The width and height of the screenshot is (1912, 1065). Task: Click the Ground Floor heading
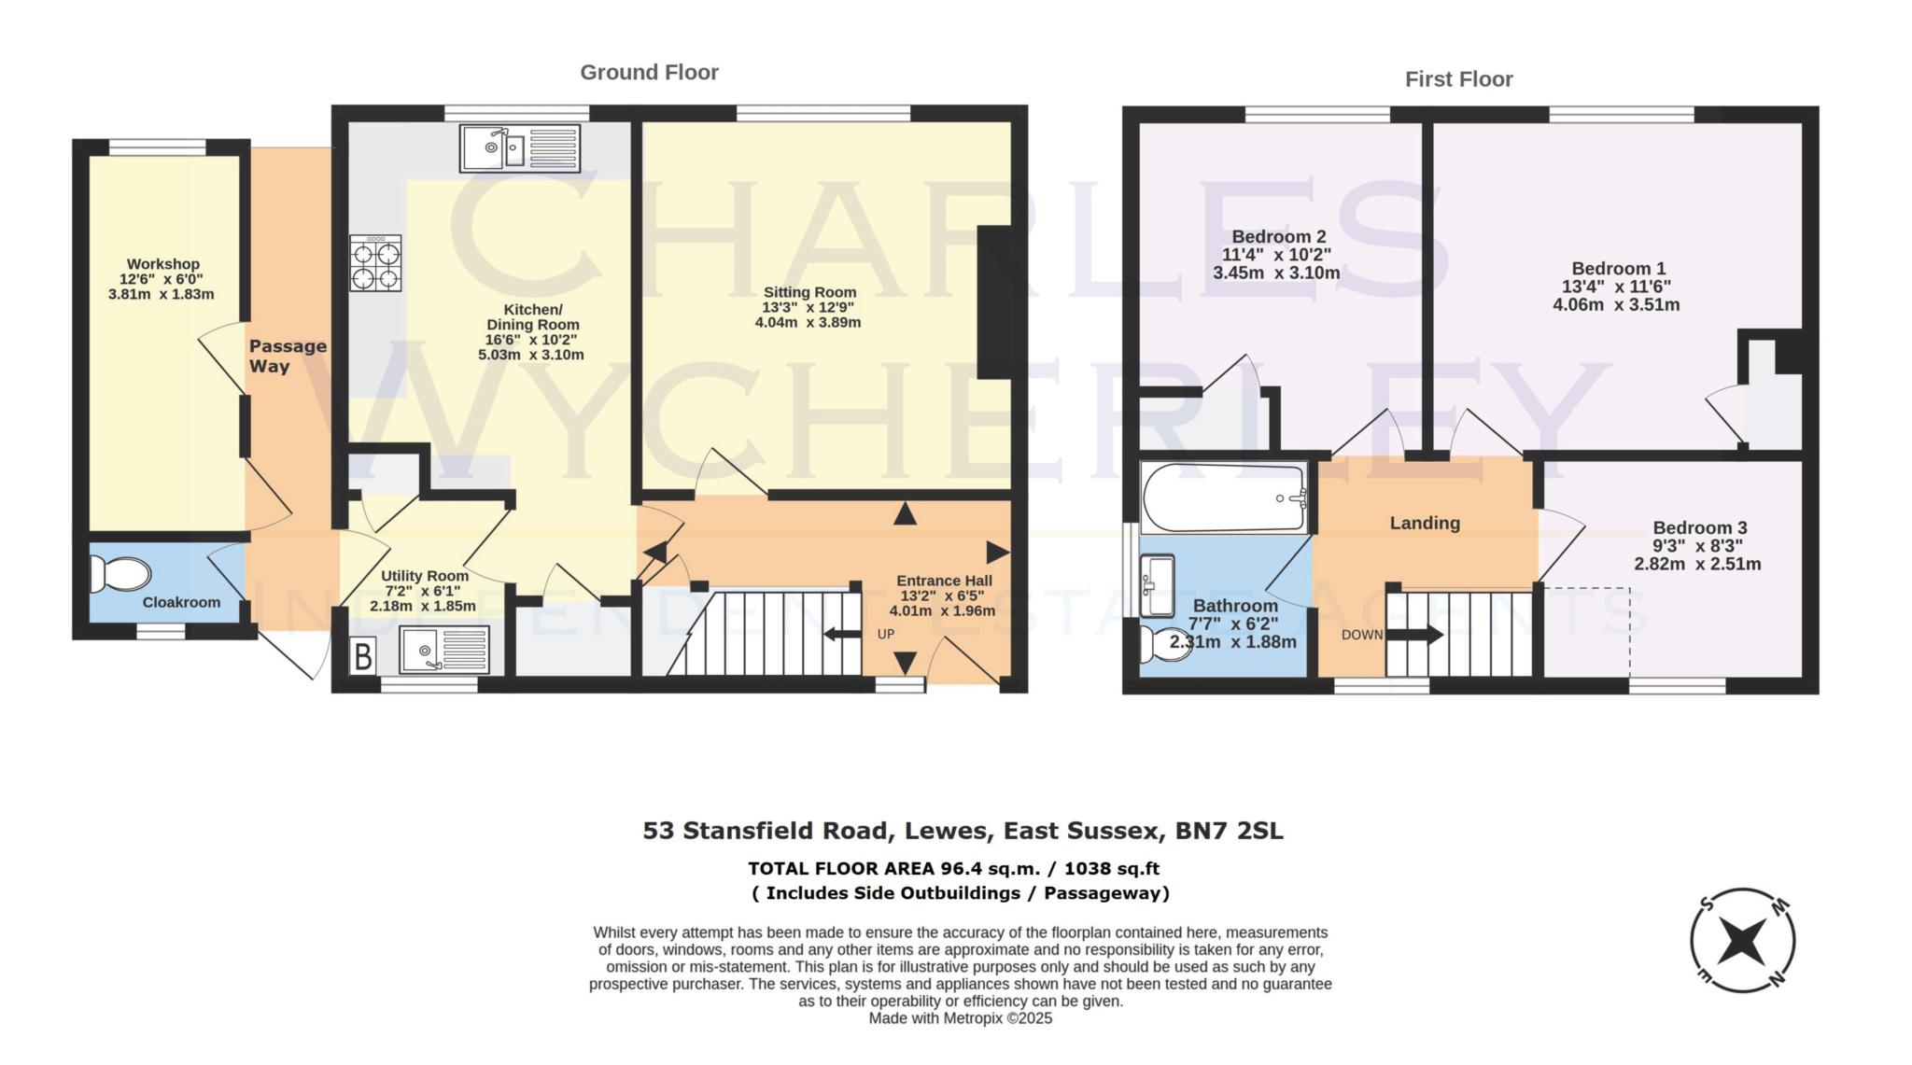649,73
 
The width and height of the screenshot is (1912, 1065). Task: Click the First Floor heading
1458,80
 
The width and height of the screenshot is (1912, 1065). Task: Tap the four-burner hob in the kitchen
375,264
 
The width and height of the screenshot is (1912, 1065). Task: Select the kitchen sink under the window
519,148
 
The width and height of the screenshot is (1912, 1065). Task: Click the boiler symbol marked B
363,656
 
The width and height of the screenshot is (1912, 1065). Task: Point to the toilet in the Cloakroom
119,575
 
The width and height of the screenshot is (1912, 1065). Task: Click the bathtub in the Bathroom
1224,497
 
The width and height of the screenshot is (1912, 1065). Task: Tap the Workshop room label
163,264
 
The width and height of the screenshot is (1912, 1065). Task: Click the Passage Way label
287,356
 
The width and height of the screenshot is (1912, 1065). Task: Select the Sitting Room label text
809,292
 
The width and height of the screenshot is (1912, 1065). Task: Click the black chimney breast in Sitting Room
992,301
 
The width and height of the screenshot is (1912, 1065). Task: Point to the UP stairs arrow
843,635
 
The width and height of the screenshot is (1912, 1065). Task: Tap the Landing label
1424,523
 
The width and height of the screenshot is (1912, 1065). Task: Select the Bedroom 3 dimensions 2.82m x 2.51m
1696,564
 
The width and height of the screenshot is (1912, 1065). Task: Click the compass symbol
1742,939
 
